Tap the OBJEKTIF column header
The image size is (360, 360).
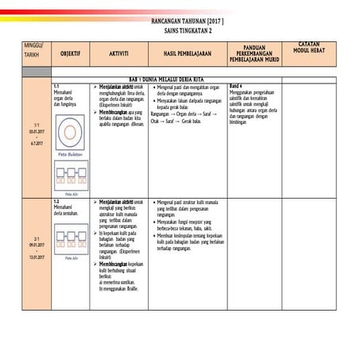click(x=70, y=53)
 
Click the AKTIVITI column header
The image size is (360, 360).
click(x=118, y=53)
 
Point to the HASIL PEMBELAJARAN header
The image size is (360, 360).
click(x=187, y=53)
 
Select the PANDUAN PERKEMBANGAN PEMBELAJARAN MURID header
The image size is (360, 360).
click(x=254, y=54)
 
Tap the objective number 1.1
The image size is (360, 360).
click(x=56, y=86)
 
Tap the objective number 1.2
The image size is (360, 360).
click(x=56, y=203)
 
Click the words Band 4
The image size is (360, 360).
click(x=236, y=86)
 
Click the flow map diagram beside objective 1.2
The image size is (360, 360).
click(x=70, y=239)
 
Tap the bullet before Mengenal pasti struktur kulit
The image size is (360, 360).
click(x=153, y=203)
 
